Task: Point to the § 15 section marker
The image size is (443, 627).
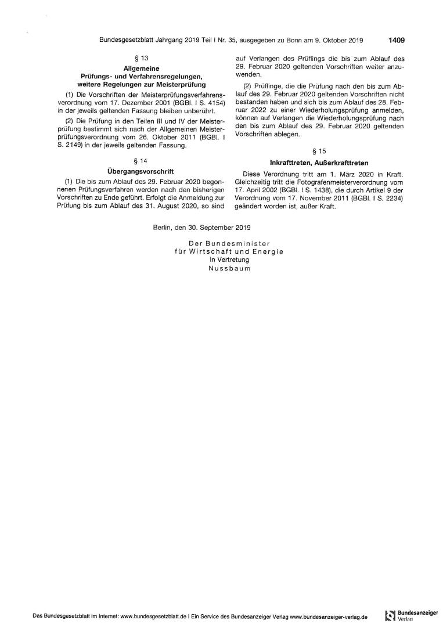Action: [319, 152]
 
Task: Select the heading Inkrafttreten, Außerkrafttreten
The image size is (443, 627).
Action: [319, 163]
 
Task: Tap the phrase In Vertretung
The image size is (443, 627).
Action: [229, 261]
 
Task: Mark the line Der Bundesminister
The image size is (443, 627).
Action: [229, 243]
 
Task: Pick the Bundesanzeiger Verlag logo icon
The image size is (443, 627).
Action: [390, 616]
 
